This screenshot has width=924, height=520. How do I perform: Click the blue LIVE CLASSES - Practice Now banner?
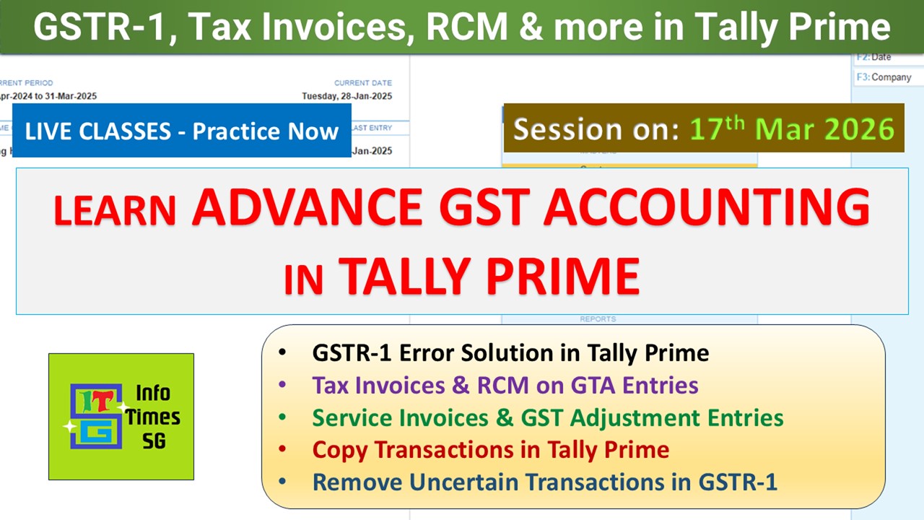182,131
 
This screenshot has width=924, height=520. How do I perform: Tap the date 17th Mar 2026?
792,129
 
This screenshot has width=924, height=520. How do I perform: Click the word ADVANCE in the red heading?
307,207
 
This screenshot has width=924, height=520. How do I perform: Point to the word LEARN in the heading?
115,211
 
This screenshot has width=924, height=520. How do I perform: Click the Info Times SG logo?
121,417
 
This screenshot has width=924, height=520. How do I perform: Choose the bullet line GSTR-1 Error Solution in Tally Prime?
510,352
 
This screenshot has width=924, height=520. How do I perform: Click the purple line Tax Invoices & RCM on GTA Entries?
505,385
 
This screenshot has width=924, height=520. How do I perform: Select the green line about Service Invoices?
547,417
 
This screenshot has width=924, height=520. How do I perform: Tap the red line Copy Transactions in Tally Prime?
490,450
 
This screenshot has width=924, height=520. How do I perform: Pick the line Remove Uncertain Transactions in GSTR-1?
544,482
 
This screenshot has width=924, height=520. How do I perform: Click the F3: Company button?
884,77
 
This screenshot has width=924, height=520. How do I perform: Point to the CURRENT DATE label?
362,83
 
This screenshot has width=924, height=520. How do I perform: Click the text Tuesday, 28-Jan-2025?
347,96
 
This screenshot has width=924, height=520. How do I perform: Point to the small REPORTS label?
598,318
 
